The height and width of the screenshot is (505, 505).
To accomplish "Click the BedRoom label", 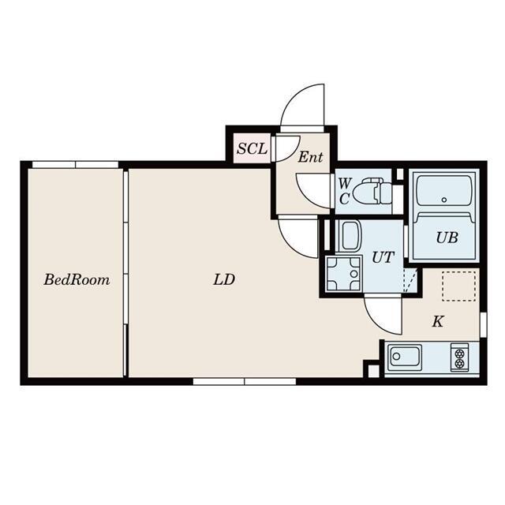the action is [x=77, y=279].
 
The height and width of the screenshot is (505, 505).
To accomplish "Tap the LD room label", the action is [x=224, y=279].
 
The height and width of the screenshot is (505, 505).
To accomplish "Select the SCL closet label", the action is [x=252, y=148].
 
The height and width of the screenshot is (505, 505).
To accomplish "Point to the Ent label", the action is [x=310, y=157].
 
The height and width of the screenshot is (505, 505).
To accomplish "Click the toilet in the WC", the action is [x=372, y=193].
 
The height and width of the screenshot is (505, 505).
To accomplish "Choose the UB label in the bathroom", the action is [x=447, y=238].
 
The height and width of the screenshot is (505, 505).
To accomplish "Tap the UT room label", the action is [x=383, y=257].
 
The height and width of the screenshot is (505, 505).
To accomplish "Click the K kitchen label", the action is [x=438, y=321].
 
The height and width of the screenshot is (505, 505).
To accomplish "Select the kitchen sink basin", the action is [x=405, y=357].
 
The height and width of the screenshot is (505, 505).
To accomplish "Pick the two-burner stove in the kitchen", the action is [x=459, y=356].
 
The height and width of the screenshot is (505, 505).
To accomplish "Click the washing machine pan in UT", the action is [x=343, y=274].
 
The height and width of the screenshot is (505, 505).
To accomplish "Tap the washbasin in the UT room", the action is [x=349, y=236].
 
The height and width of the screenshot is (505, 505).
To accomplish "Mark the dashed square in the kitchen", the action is [x=458, y=286].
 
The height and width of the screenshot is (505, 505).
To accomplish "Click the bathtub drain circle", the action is [x=444, y=200].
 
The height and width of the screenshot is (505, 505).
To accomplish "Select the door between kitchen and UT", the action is [x=383, y=315].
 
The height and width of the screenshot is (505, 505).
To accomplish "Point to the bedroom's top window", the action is [x=76, y=165].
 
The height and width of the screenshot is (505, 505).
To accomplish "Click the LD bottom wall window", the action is [x=245, y=382].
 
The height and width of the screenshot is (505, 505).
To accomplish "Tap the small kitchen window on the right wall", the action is [x=483, y=324].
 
